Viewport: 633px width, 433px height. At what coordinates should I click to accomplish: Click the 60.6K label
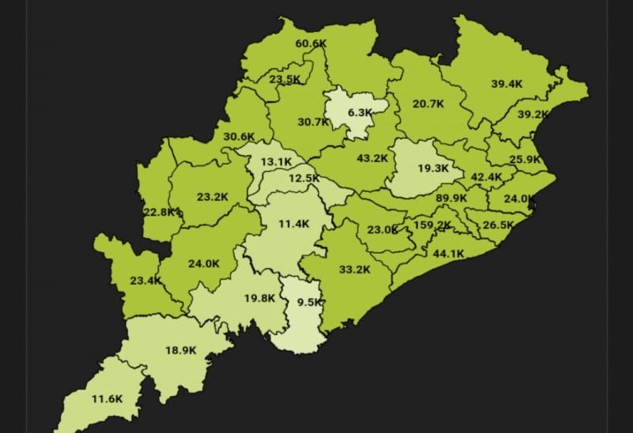tap(311, 44)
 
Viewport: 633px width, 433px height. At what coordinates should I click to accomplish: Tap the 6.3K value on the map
tap(359, 112)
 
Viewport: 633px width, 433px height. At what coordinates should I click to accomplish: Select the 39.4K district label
tap(507, 84)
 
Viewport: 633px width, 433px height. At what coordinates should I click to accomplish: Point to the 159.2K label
tap(433, 226)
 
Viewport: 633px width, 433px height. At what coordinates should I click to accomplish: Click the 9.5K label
tap(309, 302)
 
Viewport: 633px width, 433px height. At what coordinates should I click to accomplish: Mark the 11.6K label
tap(107, 398)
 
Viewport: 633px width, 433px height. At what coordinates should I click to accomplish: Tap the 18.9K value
tap(181, 350)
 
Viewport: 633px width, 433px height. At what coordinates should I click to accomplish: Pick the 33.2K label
tap(354, 269)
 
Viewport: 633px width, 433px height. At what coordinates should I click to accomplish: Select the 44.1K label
tap(448, 254)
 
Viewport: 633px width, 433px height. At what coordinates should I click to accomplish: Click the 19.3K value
tap(433, 168)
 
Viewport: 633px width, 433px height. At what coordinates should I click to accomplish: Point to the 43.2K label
tap(372, 158)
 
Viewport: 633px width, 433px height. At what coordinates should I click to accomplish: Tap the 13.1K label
tap(275, 162)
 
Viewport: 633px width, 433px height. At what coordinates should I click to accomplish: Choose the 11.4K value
tap(293, 224)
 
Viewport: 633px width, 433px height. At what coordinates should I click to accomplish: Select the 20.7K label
tap(428, 104)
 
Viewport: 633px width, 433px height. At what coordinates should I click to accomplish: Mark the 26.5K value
tap(498, 225)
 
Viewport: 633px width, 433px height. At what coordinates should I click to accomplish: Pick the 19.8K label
tap(259, 298)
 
